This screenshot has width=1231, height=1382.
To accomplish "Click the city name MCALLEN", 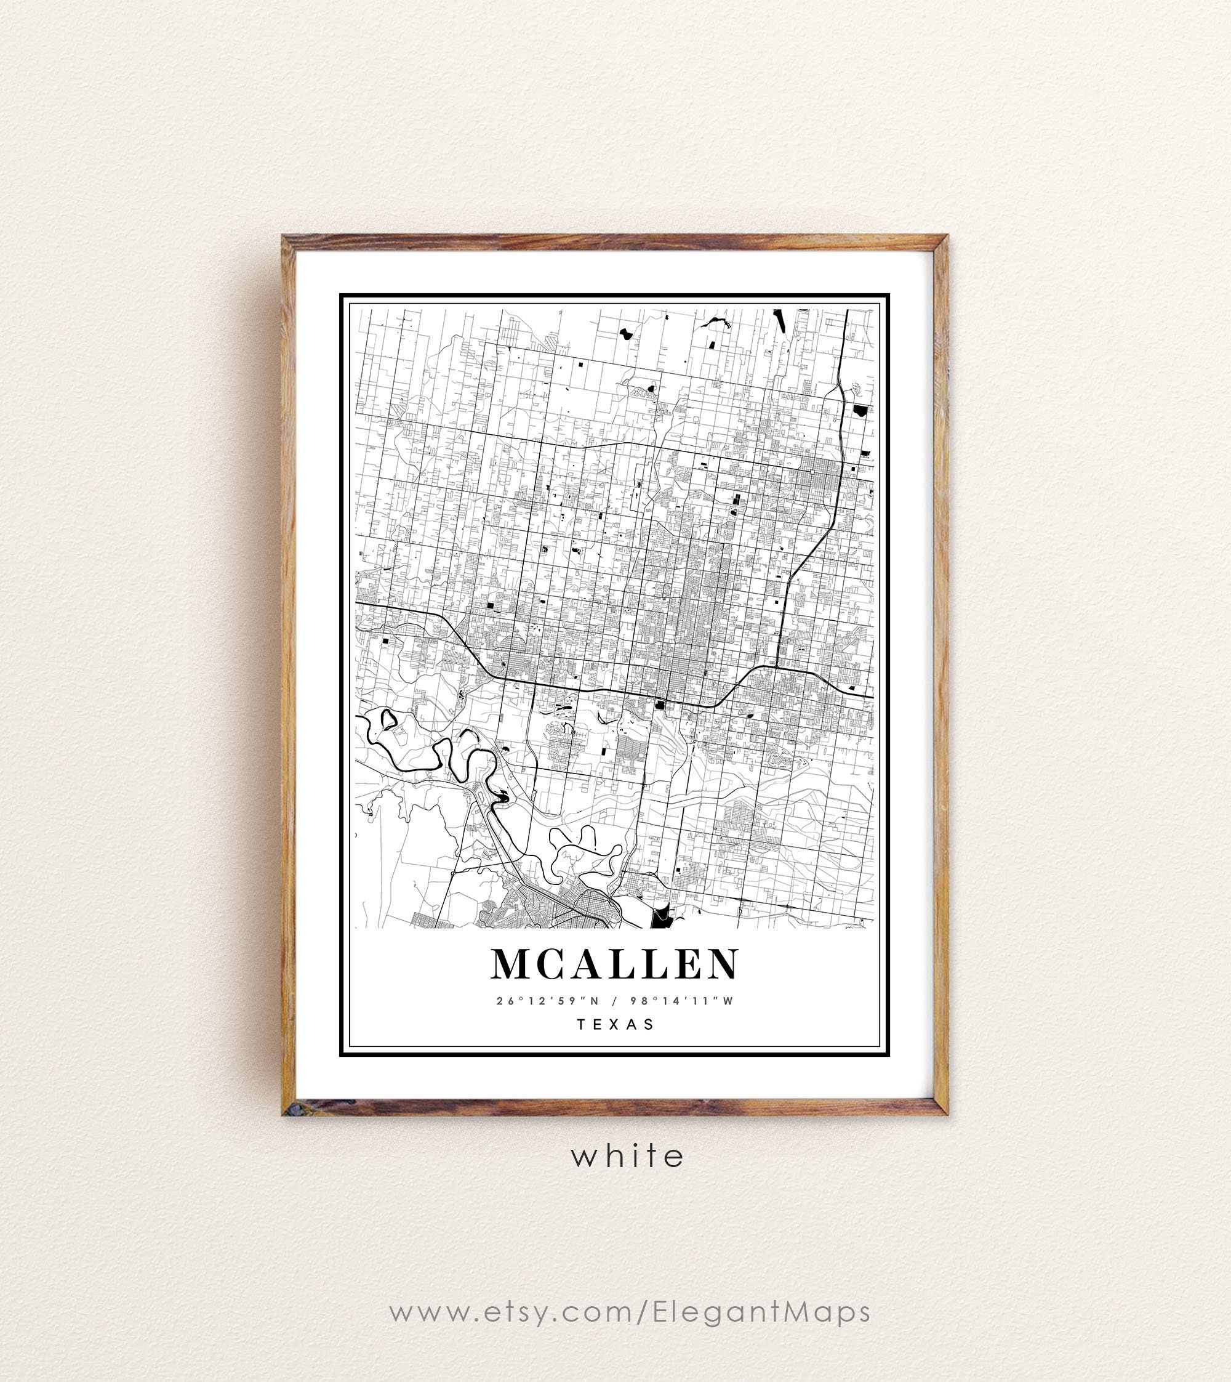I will coord(615,964).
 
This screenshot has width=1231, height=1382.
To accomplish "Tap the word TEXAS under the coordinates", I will coord(615,1024).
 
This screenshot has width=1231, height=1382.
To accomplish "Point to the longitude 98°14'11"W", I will coord(682,1001).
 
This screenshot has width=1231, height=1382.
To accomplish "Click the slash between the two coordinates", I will coord(615,1001).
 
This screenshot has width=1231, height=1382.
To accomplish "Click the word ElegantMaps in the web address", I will coord(761,1312).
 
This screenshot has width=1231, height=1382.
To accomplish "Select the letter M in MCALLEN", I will coord(511,964).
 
